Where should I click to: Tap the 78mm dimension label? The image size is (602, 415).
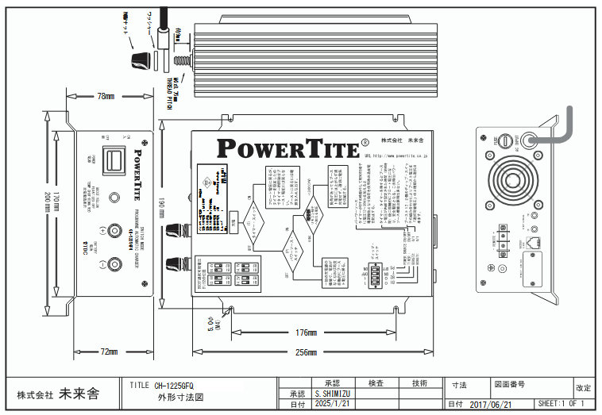[106, 96]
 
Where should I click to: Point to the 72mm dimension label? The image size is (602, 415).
[108, 352]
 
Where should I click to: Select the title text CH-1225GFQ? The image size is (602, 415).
[174, 384]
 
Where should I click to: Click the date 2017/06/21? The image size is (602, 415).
[489, 405]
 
